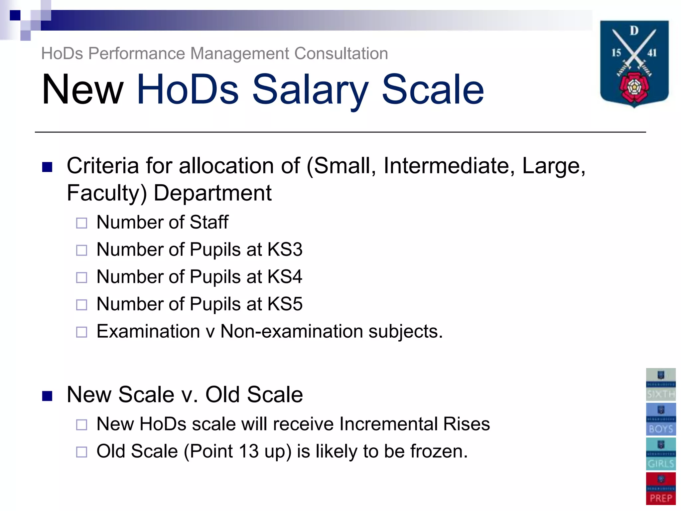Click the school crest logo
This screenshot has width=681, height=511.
coord(634,63)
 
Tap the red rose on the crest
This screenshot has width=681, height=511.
coord(634,87)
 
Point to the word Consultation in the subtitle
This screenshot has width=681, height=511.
coord(341,54)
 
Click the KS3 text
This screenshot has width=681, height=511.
coord(285,250)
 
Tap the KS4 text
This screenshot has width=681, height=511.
coord(285,277)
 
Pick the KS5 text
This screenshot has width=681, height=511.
coord(285,304)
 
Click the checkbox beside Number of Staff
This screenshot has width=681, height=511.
coord(81,223)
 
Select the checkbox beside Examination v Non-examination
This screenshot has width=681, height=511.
coord(81,332)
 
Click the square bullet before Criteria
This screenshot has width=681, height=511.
coord(47,167)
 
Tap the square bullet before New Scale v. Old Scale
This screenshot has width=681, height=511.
coord(47,396)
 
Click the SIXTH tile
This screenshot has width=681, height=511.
coord(661,384)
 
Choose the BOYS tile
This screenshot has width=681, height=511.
coord(661,419)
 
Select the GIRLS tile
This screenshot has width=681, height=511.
coord(661,454)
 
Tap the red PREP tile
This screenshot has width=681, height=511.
coord(661,488)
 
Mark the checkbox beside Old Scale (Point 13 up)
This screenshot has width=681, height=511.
coord(81,452)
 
